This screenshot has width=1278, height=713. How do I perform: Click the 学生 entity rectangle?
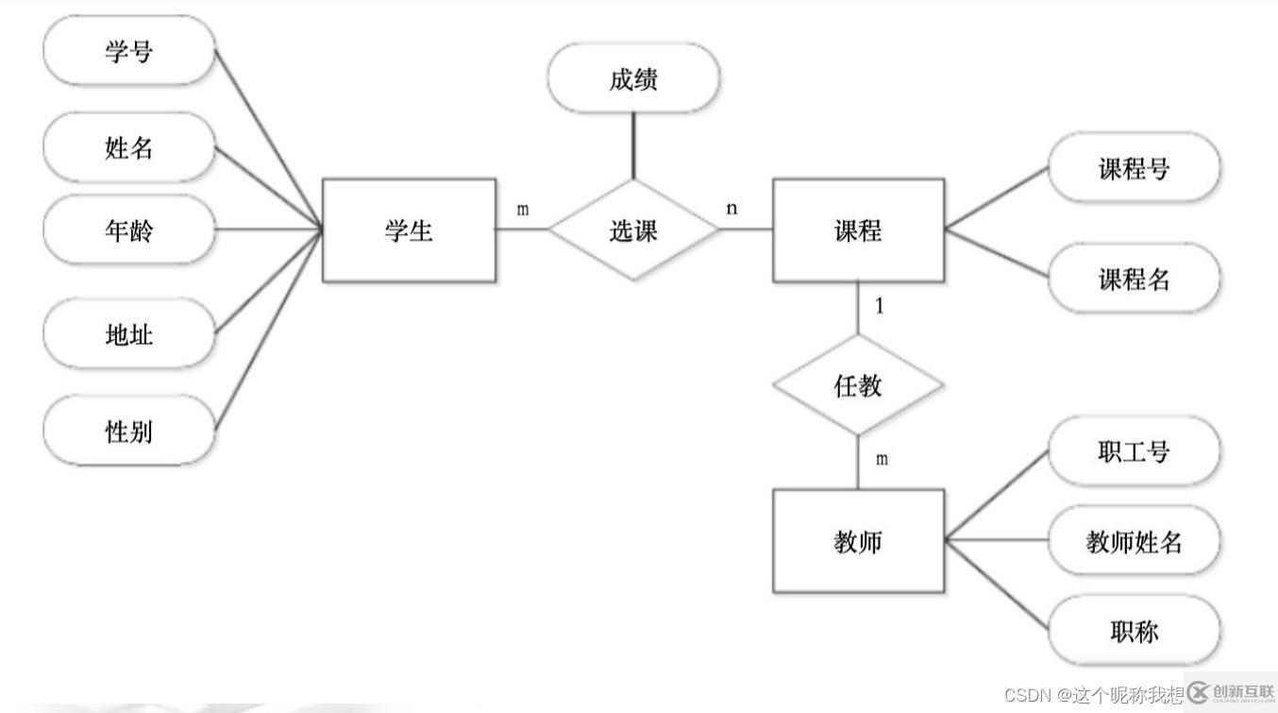pos(409,230)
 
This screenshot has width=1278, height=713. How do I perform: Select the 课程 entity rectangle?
pos(858,230)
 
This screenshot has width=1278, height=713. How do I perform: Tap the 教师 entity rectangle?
pos(858,541)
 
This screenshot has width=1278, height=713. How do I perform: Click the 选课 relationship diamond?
pos(633,230)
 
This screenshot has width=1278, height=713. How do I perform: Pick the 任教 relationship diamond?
pos(858,385)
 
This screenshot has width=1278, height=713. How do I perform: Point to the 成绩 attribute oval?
pos(633,79)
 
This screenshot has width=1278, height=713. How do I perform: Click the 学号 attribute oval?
pos(129,50)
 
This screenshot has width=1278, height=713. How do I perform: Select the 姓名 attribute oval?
pos(129,147)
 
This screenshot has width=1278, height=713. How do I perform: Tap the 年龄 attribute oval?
pos(129,229)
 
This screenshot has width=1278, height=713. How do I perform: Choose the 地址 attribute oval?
pos(129,334)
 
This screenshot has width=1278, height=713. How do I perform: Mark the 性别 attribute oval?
pos(129,431)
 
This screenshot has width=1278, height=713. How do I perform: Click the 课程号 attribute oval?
pos(1134,168)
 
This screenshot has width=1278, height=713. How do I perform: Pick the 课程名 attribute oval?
pos(1134,279)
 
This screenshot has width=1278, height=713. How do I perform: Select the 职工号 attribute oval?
pos(1134,451)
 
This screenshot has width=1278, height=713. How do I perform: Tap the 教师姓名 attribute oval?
pos(1134,541)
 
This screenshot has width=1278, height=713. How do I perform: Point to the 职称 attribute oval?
pos(1134,630)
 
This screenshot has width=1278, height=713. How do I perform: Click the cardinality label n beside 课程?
pos(731,209)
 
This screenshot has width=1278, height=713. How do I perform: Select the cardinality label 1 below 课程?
pos(880,307)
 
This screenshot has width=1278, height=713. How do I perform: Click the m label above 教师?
pos(882,459)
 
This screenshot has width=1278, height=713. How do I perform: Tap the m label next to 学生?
pos(522,209)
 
